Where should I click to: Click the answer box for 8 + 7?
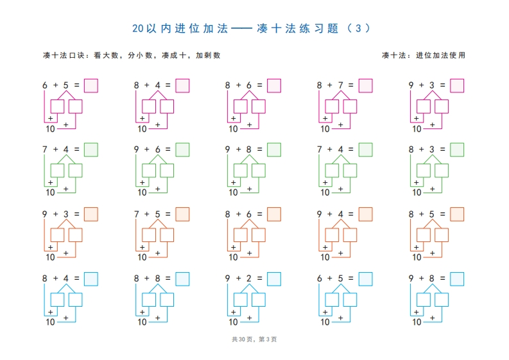tap(365, 86)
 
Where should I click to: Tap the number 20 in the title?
tap(137, 29)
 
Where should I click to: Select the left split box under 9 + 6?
tap(149, 171)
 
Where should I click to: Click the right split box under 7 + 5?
tap(167, 235)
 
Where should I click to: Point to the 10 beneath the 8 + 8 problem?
tap(142, 322)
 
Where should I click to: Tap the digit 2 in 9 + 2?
tap(248, 279)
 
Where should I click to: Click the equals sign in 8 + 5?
tap(442, 214)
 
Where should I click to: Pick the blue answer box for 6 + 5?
tap(365, 279)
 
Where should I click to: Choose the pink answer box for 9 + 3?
tap(457, 86)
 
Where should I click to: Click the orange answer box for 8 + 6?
tap(274, 214)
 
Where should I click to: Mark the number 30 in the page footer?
tap(242, 339)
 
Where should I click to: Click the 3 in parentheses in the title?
tap(358, 29)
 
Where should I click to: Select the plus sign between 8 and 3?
tap(421, 150)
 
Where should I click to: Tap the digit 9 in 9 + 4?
tap(320, 214)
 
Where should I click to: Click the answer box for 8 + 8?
tap(182, 279)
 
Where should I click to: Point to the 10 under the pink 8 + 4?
tap(142, 129)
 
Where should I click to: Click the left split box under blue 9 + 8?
tap(424, 300)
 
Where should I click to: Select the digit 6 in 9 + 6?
tap(157, 150)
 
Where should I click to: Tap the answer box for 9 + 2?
tap(274, 279)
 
